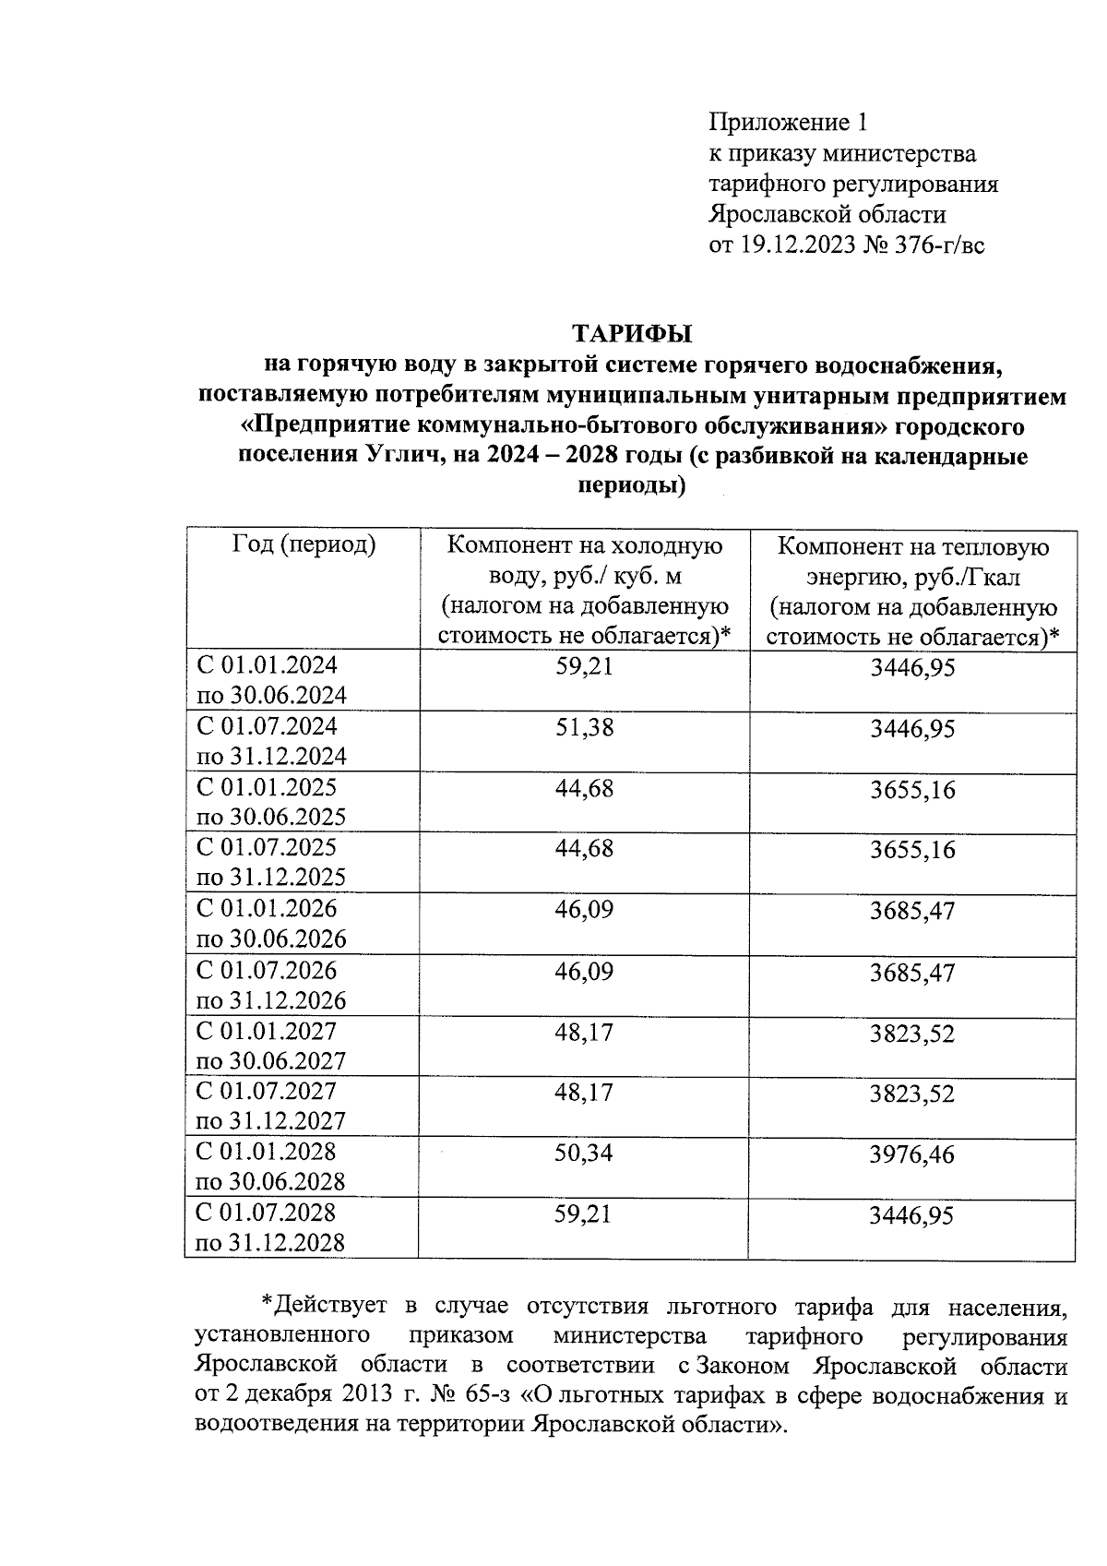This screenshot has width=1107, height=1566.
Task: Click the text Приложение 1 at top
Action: point(788,122)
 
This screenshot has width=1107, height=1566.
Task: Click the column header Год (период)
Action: point(304,545)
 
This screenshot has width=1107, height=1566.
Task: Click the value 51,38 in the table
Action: point(584,728)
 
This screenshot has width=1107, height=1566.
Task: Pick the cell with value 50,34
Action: point(584,1153)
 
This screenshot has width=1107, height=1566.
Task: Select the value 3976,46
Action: point(911,1154)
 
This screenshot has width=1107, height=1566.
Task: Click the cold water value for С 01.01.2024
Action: point(584,666)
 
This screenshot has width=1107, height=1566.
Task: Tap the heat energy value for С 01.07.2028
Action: point(911,1215)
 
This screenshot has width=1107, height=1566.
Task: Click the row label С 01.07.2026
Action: point(267,971)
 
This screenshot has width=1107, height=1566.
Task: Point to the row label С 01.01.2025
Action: point(267,788)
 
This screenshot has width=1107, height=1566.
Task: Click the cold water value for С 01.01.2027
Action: point(584,1032)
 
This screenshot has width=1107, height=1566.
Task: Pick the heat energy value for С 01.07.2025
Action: point(911,850)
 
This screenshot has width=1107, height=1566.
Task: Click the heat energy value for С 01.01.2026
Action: point(911,912)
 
